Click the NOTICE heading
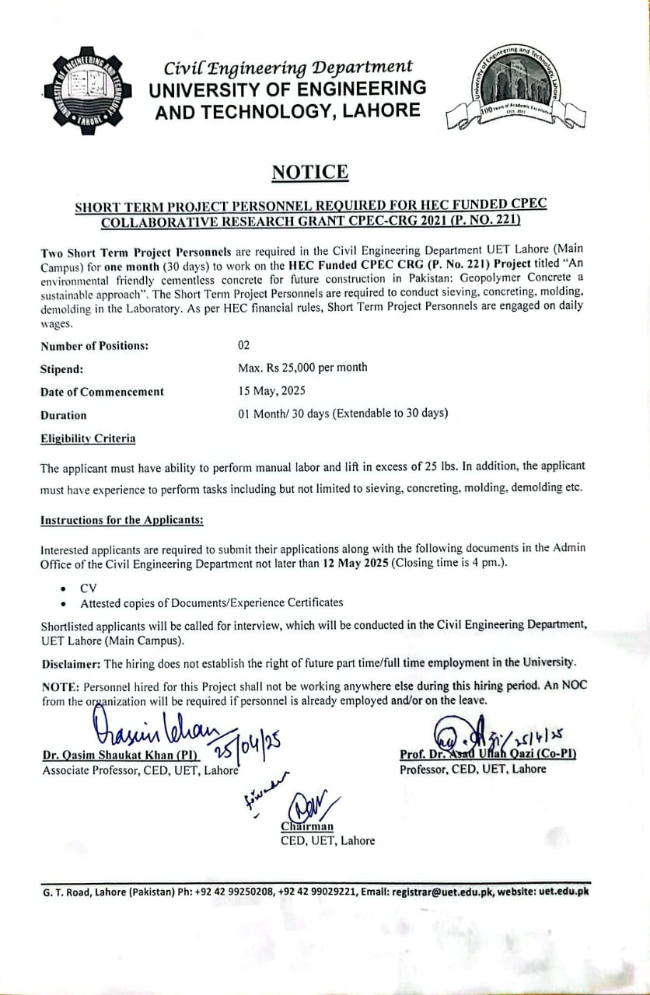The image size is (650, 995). point(309,172)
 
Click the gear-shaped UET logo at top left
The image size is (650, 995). point(82,92)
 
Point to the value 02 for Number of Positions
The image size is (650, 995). point(244,345)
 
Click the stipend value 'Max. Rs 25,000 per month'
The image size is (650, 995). point(302,368)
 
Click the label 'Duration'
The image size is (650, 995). point(64,415)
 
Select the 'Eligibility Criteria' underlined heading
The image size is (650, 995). point(88,438)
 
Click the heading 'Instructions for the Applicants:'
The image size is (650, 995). point(121,520)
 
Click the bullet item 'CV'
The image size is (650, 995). point(88,588)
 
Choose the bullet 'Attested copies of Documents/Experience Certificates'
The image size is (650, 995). point(211,602)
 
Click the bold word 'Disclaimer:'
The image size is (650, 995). point(71,663)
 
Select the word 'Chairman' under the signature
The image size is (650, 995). point(307,826)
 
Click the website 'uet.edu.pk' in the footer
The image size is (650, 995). point(563,892)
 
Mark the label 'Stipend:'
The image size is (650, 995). point(61,368)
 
